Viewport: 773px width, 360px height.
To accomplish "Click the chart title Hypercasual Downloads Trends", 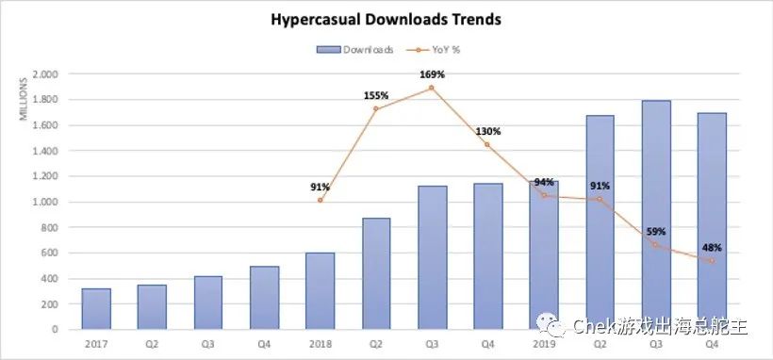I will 386,18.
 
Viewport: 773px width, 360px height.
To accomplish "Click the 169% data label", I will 432,74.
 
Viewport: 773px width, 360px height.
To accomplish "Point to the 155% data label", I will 376,95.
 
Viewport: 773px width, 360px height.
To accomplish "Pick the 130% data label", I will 488,131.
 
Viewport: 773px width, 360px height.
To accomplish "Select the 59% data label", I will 654,231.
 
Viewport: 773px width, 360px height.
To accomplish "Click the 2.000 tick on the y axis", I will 45,74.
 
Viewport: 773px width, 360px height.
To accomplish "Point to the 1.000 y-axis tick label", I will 45,202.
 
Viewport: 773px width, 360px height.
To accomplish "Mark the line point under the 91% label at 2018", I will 321,200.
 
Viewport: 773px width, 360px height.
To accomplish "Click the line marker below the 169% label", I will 432,88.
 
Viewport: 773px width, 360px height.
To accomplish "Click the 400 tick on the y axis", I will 48,278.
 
